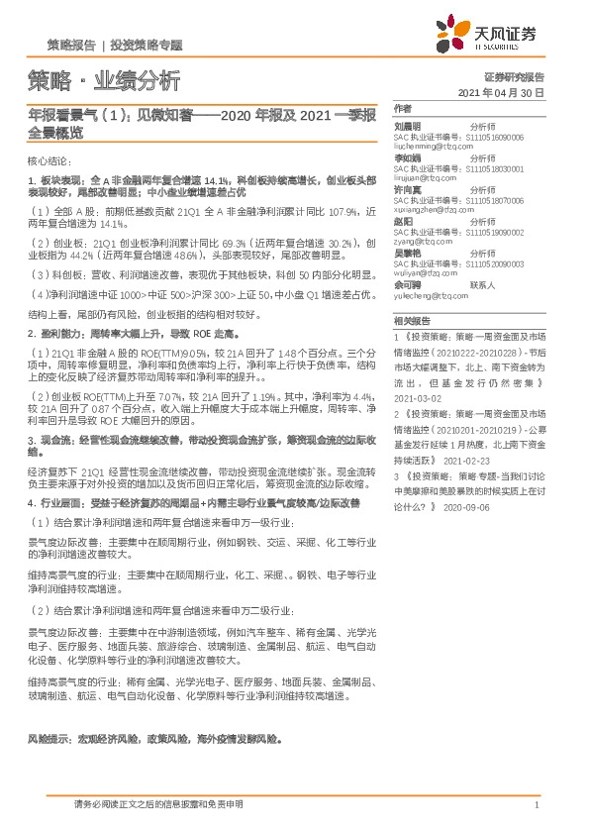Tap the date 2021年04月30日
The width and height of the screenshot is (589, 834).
502,93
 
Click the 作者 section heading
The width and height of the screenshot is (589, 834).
402,108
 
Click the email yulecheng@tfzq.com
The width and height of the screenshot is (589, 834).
429,295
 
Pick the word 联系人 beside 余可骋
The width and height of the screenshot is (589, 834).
483,284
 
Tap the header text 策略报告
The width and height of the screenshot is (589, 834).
71,46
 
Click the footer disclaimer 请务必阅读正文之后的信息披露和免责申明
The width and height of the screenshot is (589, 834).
158,804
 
